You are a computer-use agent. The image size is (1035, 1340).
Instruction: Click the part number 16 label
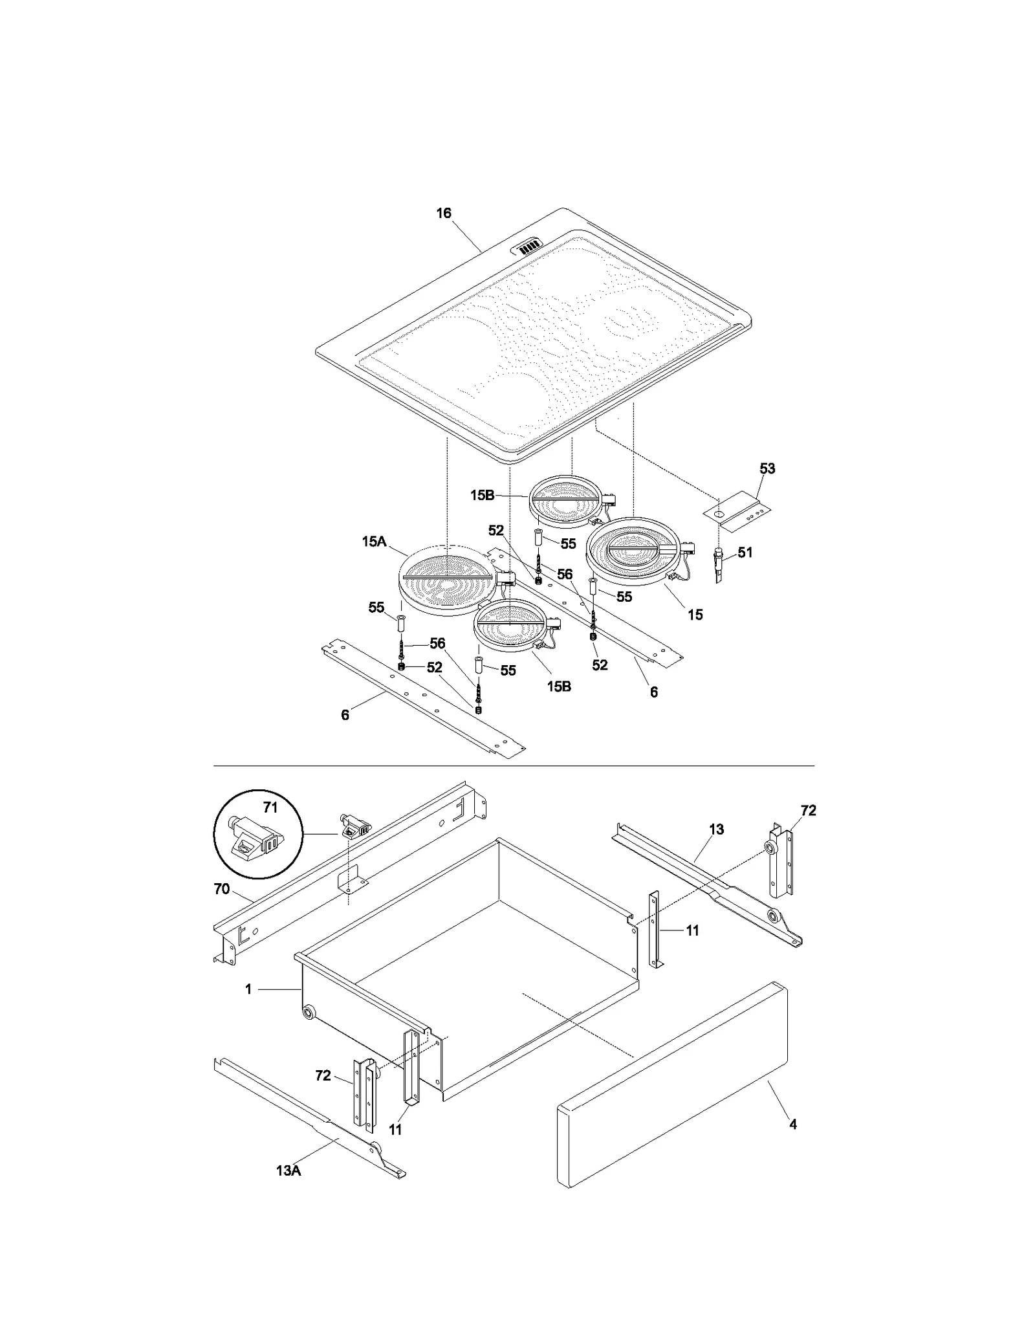443,214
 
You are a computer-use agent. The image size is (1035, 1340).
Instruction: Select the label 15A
374,542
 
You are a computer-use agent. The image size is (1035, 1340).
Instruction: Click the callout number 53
767,468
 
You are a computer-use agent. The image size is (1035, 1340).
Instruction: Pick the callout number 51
745,553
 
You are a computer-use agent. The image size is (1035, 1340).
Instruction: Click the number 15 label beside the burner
695,615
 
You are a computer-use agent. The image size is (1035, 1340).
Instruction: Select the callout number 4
793,1125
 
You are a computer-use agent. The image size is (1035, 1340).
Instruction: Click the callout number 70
222,890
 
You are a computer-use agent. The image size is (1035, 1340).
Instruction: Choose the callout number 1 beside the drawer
248,989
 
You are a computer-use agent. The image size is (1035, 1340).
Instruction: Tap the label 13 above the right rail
716,829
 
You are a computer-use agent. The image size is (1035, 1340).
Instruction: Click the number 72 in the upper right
808,811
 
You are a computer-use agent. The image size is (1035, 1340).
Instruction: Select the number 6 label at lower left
345,715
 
